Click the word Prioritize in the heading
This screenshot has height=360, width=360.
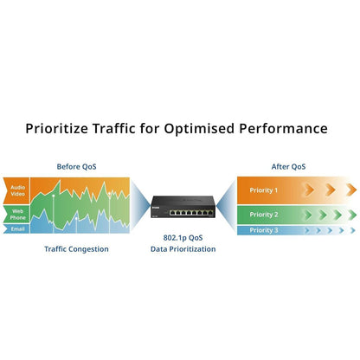pos(56,128)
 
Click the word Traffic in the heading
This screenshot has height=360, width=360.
pos(113,128)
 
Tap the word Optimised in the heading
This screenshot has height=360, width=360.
pos(200,129)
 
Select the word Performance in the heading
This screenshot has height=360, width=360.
pos(283,128)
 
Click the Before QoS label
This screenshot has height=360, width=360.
pos(76,167)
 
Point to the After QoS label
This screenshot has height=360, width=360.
pos(288,167)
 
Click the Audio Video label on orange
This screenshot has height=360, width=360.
pos(18,190)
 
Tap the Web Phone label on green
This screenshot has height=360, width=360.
pos(18,215)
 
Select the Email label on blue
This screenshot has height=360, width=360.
pos(17,229)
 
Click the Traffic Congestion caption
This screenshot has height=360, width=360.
pos(76,249)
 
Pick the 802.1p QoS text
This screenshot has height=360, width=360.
pos(183,238)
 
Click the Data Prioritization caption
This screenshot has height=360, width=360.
pos(183,249)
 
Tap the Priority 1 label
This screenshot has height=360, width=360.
pos(264,190)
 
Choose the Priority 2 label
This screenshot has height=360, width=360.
pos(264,215)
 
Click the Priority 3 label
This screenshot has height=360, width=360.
pos(264,230)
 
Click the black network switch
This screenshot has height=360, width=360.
pos(183,207)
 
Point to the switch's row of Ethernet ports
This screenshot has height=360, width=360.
pos(191,213)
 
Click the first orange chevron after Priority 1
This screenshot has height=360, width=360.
pos(309,190)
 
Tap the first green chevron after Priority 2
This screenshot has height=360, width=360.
pos(308,215)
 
